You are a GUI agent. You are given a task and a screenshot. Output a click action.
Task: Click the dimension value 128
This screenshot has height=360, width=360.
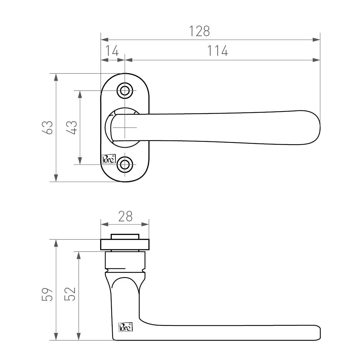[x=199, y=31]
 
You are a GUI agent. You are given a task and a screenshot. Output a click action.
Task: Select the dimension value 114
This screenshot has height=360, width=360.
[x=217, y=51]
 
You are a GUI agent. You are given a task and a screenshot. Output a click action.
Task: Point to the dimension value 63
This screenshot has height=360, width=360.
[x=48, y=127]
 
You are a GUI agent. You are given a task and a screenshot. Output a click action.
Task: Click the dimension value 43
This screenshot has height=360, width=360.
[x=72, y=127]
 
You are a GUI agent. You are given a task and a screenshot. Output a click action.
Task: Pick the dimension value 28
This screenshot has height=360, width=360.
[x=125, y=217]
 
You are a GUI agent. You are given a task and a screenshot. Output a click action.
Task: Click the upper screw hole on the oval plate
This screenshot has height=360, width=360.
[x=124, y=90]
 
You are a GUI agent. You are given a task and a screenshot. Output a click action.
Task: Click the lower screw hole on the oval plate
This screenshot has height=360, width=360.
[x=124, y=165]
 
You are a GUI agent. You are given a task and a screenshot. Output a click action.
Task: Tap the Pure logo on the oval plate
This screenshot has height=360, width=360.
[x=109, y=159]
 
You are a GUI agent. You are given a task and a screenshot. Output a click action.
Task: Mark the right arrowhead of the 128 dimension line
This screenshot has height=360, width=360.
[x=316, y=40]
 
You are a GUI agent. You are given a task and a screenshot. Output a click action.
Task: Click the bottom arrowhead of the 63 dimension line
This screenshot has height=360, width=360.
[x=56, y=178]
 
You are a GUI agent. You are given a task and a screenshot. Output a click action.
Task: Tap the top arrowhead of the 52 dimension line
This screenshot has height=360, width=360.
[x=79, y=255]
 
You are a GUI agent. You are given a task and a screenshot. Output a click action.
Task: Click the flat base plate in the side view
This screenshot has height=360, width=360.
[x=124, y=245]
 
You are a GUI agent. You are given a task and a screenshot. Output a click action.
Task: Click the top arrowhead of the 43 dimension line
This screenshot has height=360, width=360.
[x=80, y=94]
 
